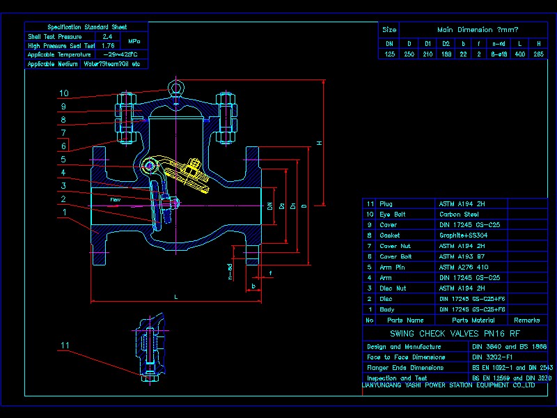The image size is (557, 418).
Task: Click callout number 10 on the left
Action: [x=63, y=93]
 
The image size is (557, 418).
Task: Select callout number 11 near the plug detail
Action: [x=65, y=345]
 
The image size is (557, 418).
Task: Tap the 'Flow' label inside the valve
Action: [x=115, y=200]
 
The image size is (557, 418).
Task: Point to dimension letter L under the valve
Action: [x=175, y=297]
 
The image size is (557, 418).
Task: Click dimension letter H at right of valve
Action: [x=319, y=143]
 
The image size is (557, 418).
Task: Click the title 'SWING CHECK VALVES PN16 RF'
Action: [x=455, y=334]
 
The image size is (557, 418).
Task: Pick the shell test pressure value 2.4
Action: [x=107, y=36]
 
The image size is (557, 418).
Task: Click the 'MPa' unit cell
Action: [x=134, y=41]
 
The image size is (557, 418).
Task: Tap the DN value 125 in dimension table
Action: [x=390, y=54]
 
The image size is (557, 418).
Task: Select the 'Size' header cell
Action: [x=390, y=30]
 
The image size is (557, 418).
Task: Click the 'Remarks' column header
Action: [x=526, y=320]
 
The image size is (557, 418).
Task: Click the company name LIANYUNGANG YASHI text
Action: [x=448, y=384]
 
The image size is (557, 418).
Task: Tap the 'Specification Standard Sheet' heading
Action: [x=87, y=26]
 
